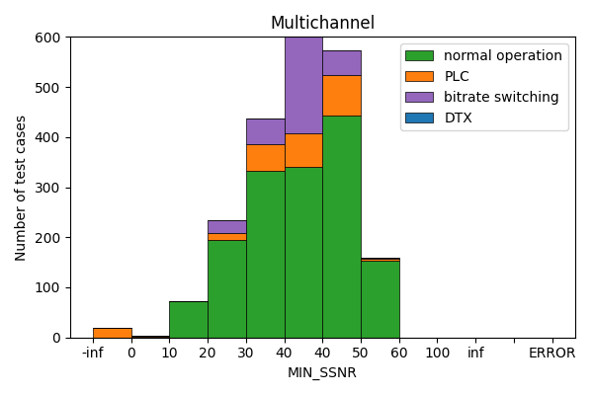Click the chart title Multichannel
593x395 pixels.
[x=322, y=23]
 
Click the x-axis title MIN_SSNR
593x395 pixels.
[x=322, y=372]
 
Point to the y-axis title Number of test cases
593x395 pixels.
[x=21, y=188]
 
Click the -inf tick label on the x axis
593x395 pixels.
[x=93, y=353]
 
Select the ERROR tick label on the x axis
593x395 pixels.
[x=551, y=353]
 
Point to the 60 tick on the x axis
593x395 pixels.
[x=399, y=353]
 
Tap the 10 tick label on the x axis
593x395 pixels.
[x=169, y=353]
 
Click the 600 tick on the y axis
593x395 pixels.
[x=49, y=38]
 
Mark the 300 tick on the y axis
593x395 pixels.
[x=49, y=188]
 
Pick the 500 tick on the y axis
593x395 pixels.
[x=49, y=88]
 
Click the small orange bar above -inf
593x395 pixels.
[x=112, y=333]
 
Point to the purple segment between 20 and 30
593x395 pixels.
[x=226, y=226]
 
